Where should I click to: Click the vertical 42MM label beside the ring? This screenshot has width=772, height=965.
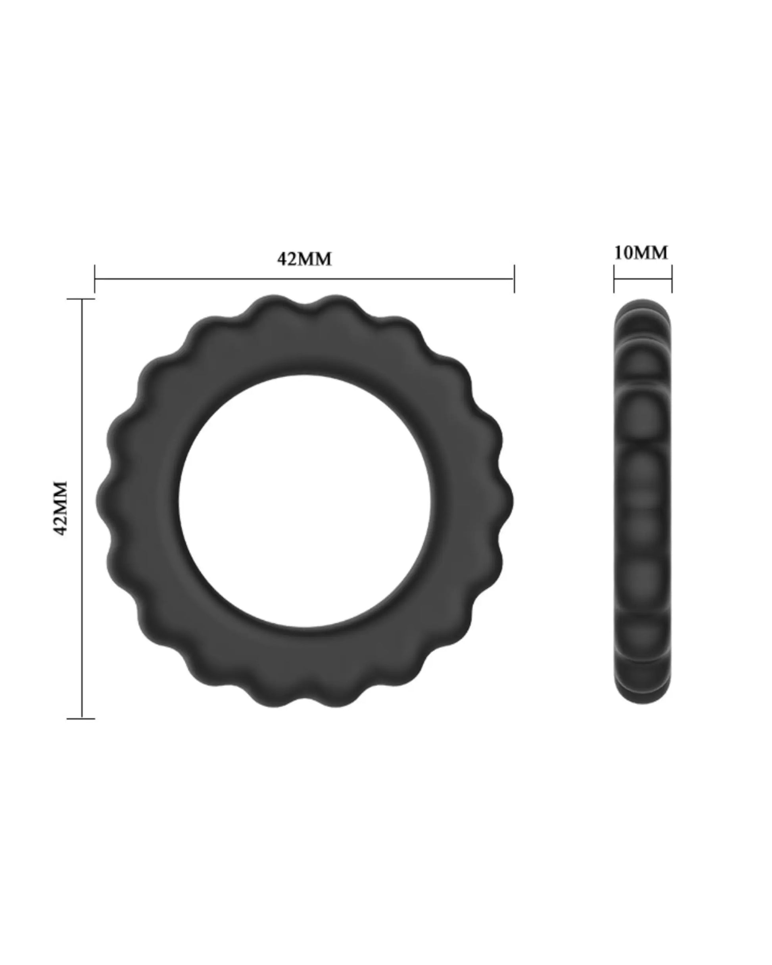(x=60, y=508)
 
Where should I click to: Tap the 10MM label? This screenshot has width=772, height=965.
(x=640, y=253)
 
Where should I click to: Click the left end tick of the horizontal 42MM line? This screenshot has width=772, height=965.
(x=95, y=279)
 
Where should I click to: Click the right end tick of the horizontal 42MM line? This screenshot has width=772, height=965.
(x=514, y=279)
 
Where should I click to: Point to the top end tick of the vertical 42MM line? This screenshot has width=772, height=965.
(x=81, y=299)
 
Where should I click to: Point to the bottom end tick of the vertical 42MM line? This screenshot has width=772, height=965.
(x=81, y=718)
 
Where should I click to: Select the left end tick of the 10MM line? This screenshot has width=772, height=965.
(x=614, y=279)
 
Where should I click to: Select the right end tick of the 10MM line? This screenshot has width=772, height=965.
(x=672, y=279)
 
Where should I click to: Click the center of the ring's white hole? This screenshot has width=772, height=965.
(x=305, y=501)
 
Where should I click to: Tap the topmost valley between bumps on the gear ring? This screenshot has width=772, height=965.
(x=305, y=307)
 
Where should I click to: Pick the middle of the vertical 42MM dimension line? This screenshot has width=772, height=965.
(x=81, y=508)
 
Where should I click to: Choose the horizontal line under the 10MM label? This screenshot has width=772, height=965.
(x=643, y=279)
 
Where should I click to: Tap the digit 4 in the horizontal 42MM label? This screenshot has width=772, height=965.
(x=282, y=259)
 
